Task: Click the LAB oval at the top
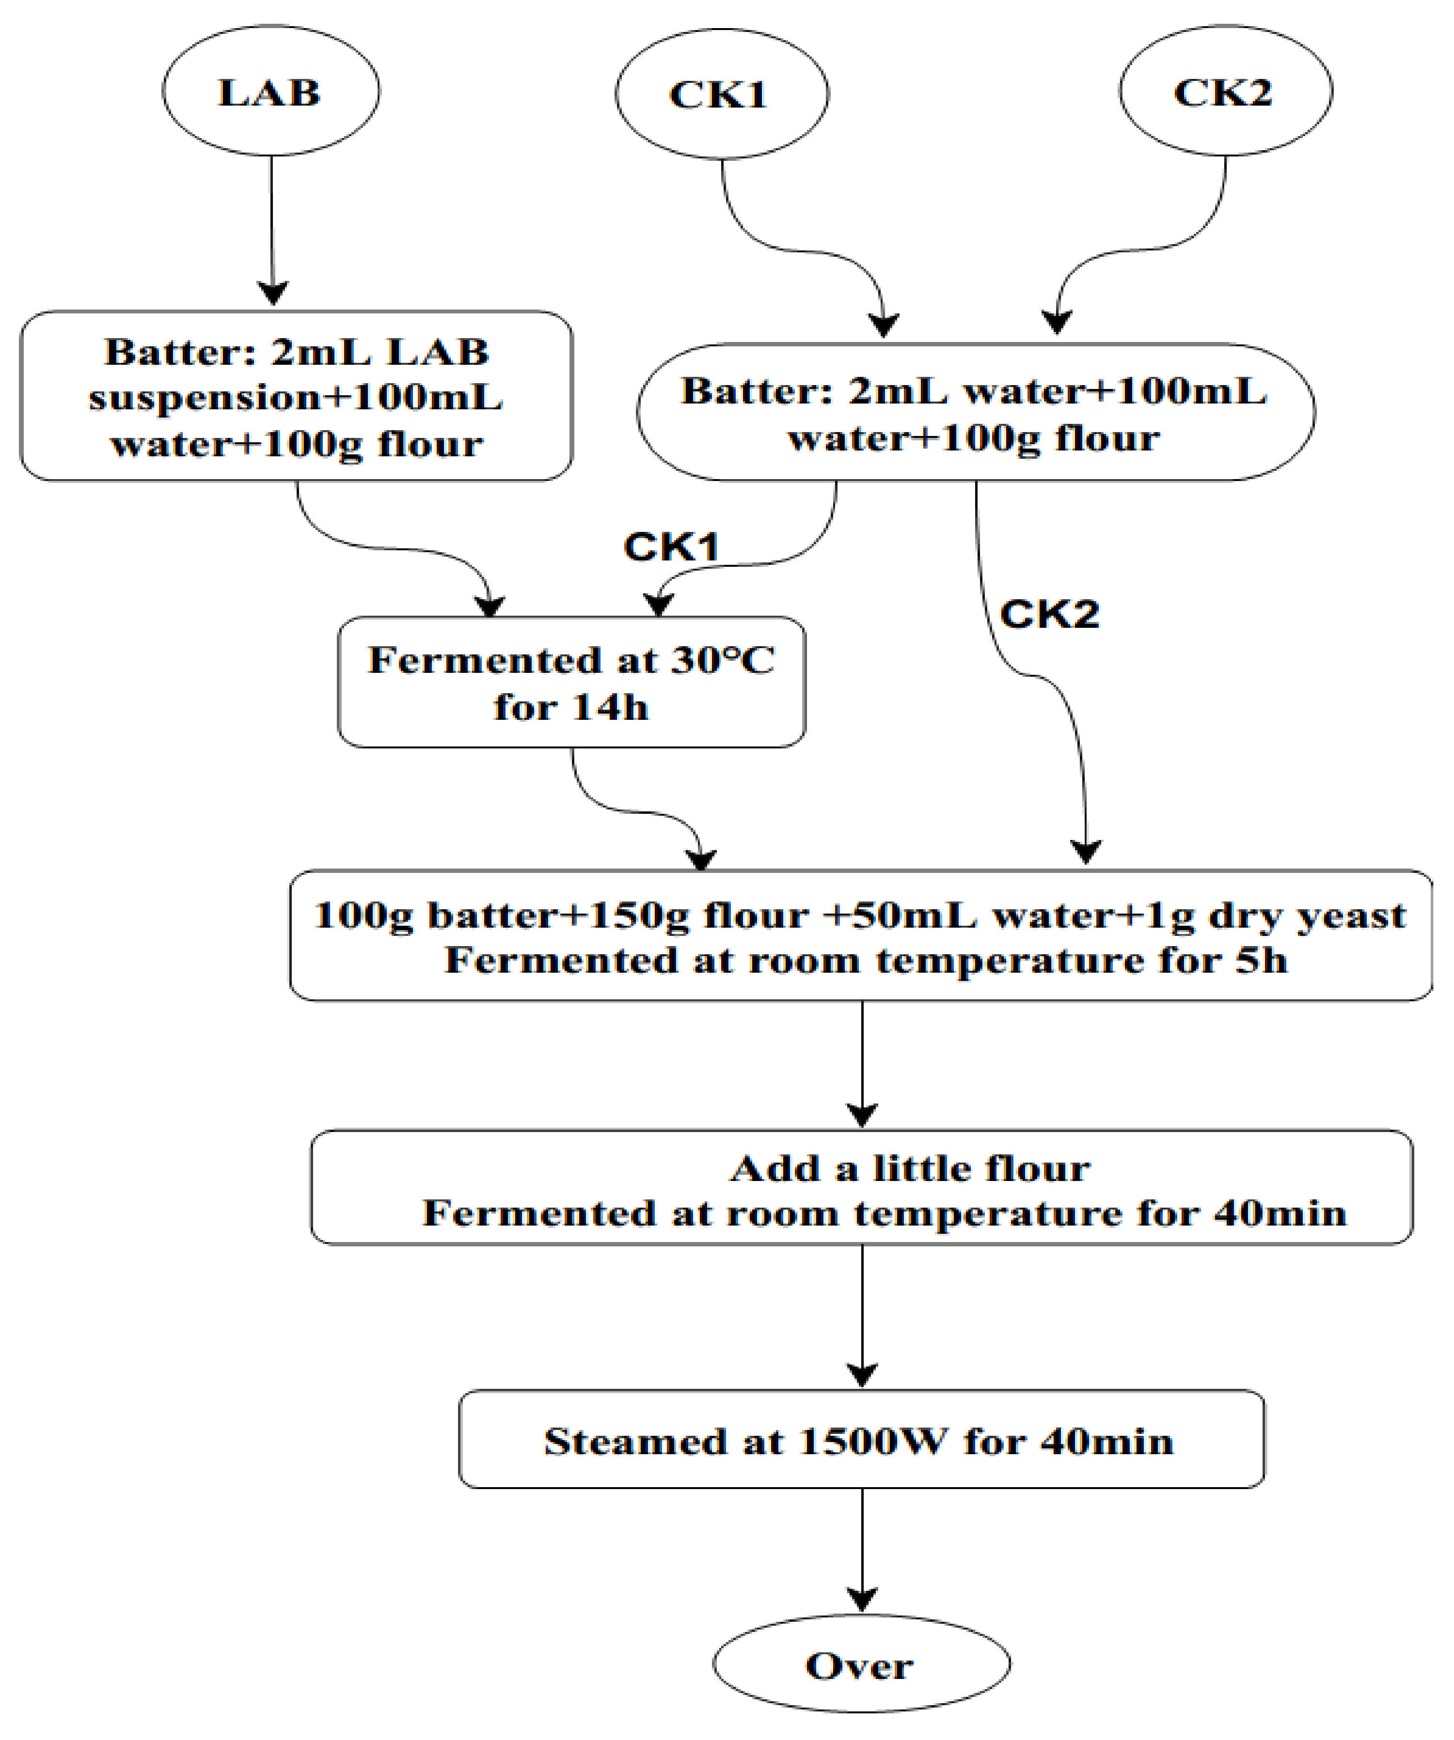click(x=270, y=91)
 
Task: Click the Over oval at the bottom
click(x=860, y=1665)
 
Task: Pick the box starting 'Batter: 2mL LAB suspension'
click(x=296, y=396)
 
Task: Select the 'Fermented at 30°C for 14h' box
click(x=571, y=683)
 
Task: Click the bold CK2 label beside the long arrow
click(x=1049, y=614)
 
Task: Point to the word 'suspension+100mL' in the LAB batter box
click(x=296, y=398)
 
